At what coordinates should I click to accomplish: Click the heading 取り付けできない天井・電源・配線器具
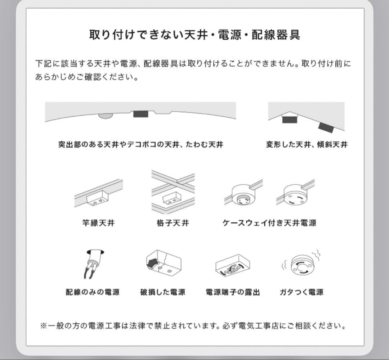pyautogui.click(x=194, y=35)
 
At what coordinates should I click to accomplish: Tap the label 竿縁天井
pyautogui.click(x=98, y=223)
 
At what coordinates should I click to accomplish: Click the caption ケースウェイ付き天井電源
pyautogui.click(x=269, y=223)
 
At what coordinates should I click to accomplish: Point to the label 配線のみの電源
pyautogui.click(x=93, y=292)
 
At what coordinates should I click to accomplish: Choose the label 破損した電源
pyautogui.click(x=162, y=292)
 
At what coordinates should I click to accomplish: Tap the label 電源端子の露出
pyautogui.click(x=232, y=292)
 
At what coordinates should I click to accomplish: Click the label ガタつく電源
pyautogui.click(x=301, y=292)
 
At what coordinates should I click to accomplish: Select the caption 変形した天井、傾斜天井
pyautogui.click(x=307, y=145)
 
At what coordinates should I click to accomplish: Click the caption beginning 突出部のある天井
pyautogui.click(x=140, y=145)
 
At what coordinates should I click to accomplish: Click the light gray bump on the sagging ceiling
pyautogui.click(x=105, y=116)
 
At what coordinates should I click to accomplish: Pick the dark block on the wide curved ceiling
pyautogui.click(x=140, y=114)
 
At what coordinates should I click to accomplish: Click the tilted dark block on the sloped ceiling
pyautogui.click(x=326, y=127)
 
